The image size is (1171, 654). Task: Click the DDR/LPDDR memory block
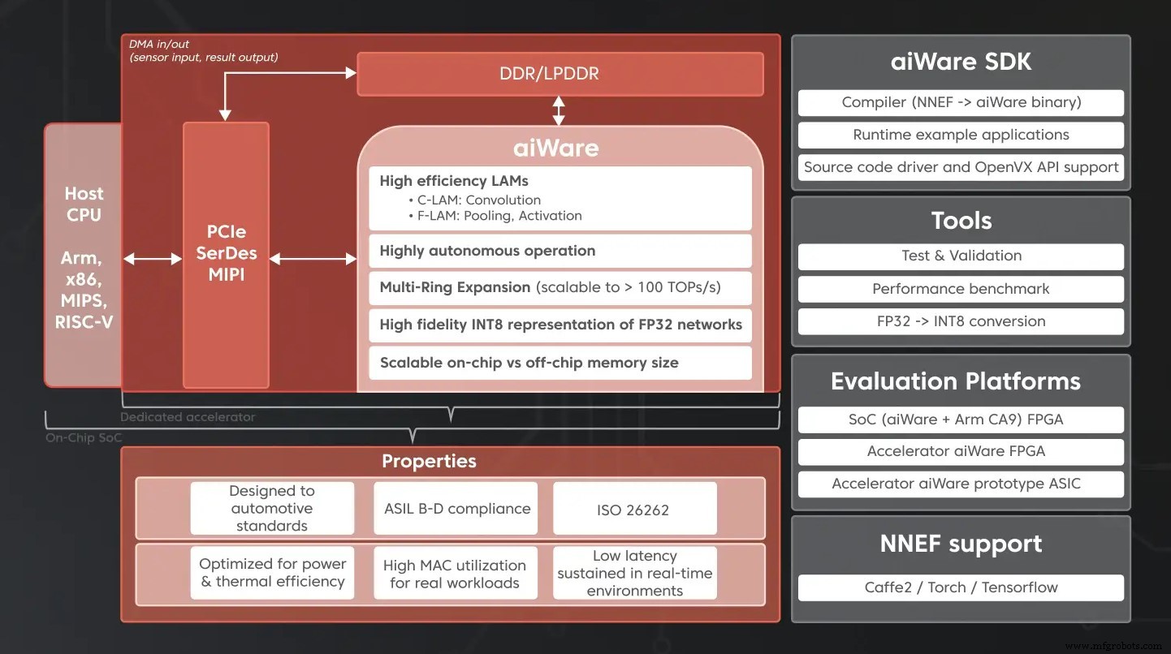(x=560, y=74)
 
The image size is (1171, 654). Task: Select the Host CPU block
(x=84, y=256)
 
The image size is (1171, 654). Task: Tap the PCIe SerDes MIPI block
(x=226, y=254)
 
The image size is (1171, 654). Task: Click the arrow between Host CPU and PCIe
(x=153, y=259)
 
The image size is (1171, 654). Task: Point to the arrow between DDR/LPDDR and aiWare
(x=559, y=110)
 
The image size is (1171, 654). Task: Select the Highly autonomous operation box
(x=560, y=251)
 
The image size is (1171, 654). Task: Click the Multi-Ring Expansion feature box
(x=560, y=287)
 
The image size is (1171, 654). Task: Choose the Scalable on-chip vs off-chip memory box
(x=560, y=363)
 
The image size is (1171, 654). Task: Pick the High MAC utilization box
(x=455, y=574)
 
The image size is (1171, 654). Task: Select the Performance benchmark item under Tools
(x=961, y=289)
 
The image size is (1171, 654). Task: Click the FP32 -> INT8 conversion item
(x=961, y=321)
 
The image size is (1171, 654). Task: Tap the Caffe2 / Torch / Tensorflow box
(x=961, y=587)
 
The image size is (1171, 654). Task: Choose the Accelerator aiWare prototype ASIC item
(x=961, y=484)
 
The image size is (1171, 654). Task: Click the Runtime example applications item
(x=961, y=135)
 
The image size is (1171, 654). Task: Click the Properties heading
(x=429, y=461)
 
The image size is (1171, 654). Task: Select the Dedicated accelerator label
(x=188, y=417)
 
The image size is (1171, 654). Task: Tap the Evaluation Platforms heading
(x=956, y=381)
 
